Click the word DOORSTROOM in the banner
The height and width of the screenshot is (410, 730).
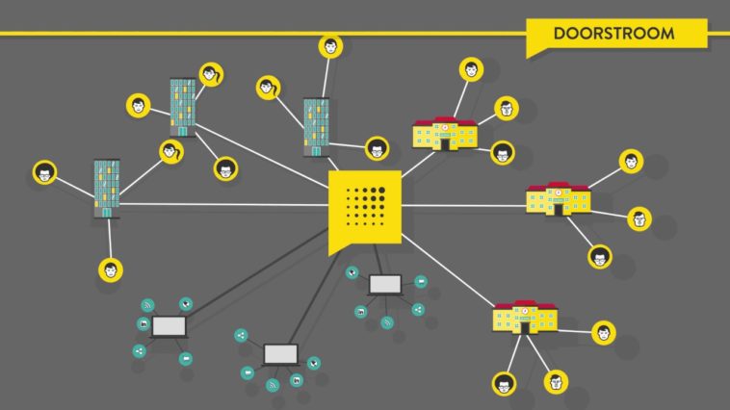point(613,34)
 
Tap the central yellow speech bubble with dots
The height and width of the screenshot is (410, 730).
point(364,208)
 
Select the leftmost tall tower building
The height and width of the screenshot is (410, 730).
point(107,189)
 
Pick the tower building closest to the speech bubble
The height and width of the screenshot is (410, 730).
point(316,126)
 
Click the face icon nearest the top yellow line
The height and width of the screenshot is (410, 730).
point(331,45)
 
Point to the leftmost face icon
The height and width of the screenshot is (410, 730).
point(44,173)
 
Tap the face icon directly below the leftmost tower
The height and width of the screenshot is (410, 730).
point(111,269)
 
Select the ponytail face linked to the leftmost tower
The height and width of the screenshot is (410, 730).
point(170,151)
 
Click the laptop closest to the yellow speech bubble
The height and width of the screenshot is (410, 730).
point(385,284)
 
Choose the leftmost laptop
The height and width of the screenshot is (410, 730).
point(169,326)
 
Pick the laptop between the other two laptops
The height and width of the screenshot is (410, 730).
point(280,354)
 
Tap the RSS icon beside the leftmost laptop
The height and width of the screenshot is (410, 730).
point(148,305)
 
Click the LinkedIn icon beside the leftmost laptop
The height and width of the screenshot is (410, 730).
point(143,324)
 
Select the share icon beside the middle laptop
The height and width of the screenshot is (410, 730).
point(241,336)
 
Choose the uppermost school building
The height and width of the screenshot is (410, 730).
point(445,133)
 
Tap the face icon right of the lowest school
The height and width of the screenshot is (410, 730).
point(604,333)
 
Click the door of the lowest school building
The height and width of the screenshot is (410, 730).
point(525,326)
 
